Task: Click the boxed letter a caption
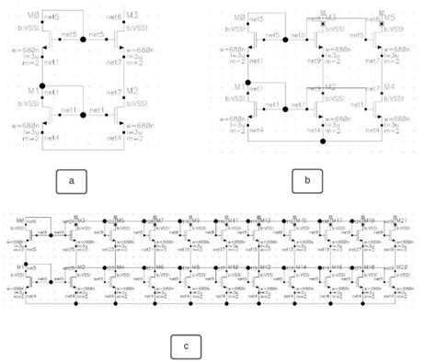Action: (71, 181)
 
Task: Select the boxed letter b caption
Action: (308, 180)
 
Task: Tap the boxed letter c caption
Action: (186, 346)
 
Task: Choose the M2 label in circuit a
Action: (131, 92)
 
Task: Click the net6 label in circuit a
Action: (113, 17)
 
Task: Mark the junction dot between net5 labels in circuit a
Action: (83, 40)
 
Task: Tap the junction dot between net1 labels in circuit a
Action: (83, 115)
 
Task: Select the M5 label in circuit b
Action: (387, 17)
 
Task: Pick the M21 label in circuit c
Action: (399, 221)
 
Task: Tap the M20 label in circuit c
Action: (399, 266)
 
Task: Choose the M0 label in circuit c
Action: (21, 221)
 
